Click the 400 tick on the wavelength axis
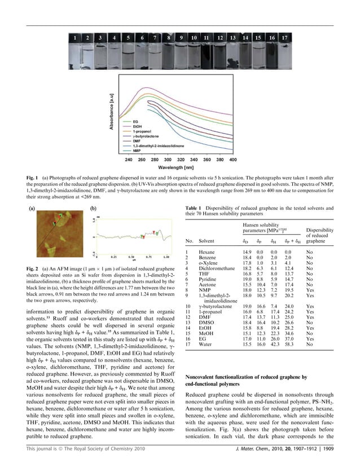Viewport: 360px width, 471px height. point(232,160)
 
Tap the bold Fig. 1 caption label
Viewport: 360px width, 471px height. point(34,178)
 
